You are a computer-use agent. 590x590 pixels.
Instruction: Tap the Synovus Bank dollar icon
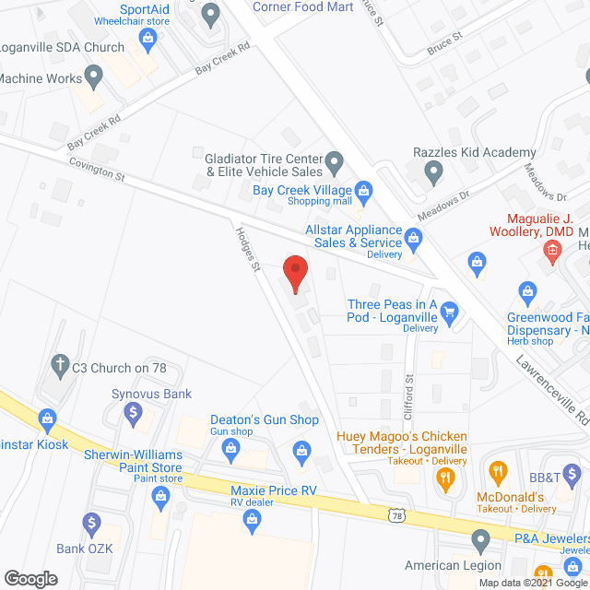click(x=135, y=411)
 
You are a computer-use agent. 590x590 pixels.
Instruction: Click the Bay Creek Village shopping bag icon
click(x=364, y=193)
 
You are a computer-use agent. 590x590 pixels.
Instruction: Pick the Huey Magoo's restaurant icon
click(x=446, y=477)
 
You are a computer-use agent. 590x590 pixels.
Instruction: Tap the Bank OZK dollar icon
click(x=91, y=524)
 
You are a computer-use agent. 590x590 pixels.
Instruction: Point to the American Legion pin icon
click(x=479, y=538)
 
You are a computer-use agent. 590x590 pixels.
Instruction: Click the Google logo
click(x=29, y=578)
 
